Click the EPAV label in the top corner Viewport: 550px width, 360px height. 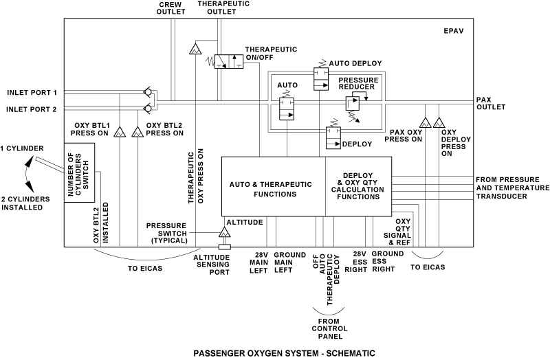point(454,31)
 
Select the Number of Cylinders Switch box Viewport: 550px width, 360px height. point(79,172)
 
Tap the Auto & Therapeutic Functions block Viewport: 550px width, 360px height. point(274,186)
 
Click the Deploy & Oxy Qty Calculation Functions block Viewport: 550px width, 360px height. point(358,186)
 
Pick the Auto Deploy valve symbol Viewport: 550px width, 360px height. point(321,78)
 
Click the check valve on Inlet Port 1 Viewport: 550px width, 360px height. point(148,92)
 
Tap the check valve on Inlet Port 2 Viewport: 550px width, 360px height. point(148,108)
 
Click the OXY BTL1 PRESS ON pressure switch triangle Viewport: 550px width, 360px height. point(120,132)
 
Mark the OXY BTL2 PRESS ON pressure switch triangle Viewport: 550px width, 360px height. point(137,132)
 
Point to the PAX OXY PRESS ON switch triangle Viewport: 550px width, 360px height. point(425,122)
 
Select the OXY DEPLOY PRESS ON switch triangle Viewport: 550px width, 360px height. point(439,122)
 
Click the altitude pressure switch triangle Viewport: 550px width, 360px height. point(224,232)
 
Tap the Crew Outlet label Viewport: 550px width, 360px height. point(170,8)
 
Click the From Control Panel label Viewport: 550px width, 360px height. point(329,329)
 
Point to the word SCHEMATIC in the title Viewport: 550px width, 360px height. point(351,353)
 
